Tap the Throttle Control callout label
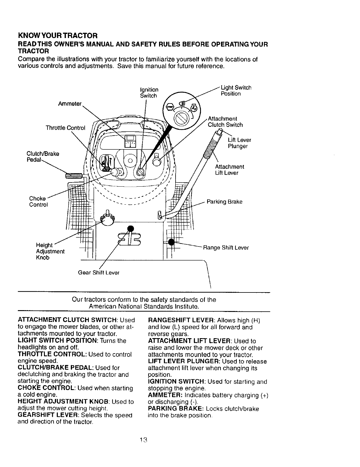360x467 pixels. pyautogui.click(x=65, y=128)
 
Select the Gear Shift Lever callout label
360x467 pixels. pyautogui.click(x=99, y=273)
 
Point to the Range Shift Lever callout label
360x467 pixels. pyautogui.click(x=225, y=248)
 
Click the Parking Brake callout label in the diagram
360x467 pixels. pyautogui.click(x=225, y=202)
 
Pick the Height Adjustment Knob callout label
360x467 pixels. pyautogui.click(x=50, y=251)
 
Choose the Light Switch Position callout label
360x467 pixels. pyautogui.click(x=236, y=91)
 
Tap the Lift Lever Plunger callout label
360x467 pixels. pyautogui.click(x=239, y=143)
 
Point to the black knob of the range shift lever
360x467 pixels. pyautogui.click(x=171, y=242)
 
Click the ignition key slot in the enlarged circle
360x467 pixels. pyautogui.click(x=180, y=118)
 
